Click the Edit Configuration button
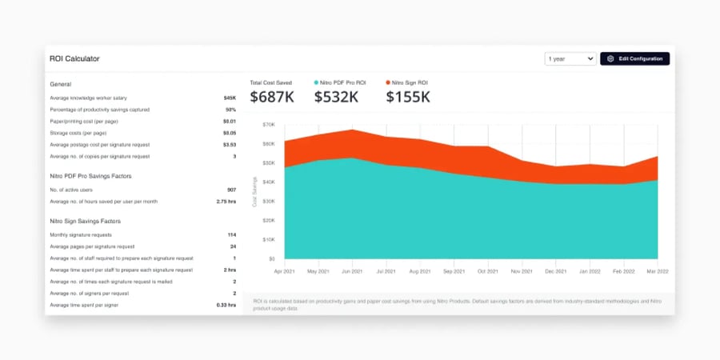click(x=634, y=58)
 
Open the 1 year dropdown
click(x=570, y=58)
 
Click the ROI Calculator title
click(x=74, y=58)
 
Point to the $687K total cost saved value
click(x=272, y=97)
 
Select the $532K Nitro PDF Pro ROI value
click(x=336, y=97)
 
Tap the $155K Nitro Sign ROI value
click(x=408, y=97)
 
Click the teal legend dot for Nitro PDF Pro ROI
click(x=317, y=82)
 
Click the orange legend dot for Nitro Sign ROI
click(x=389, y=82)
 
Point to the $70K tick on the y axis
click(x=268, y=125)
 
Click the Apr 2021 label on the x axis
click(x=284, y=271)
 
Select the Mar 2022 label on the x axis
click(x=657, y=271)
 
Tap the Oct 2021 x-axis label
click(x=488, y=271)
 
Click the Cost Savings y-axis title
click(x=255, y=192)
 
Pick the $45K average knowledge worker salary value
click(x=230, y=98)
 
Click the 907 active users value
click(x=231, y=190)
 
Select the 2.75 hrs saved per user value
click(x=226, y=202)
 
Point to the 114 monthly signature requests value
click(x=231, y=235)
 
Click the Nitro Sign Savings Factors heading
click(x=85, y=221)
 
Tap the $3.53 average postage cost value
click(x=229, y=145)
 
